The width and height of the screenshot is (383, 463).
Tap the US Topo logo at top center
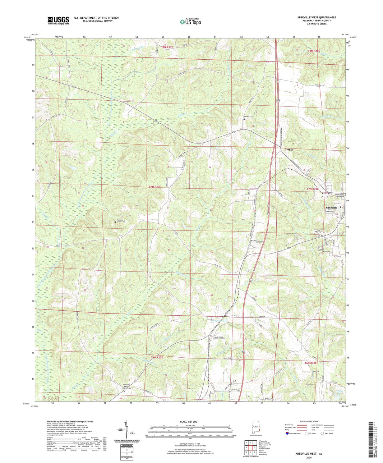click(x=191, y=21)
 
